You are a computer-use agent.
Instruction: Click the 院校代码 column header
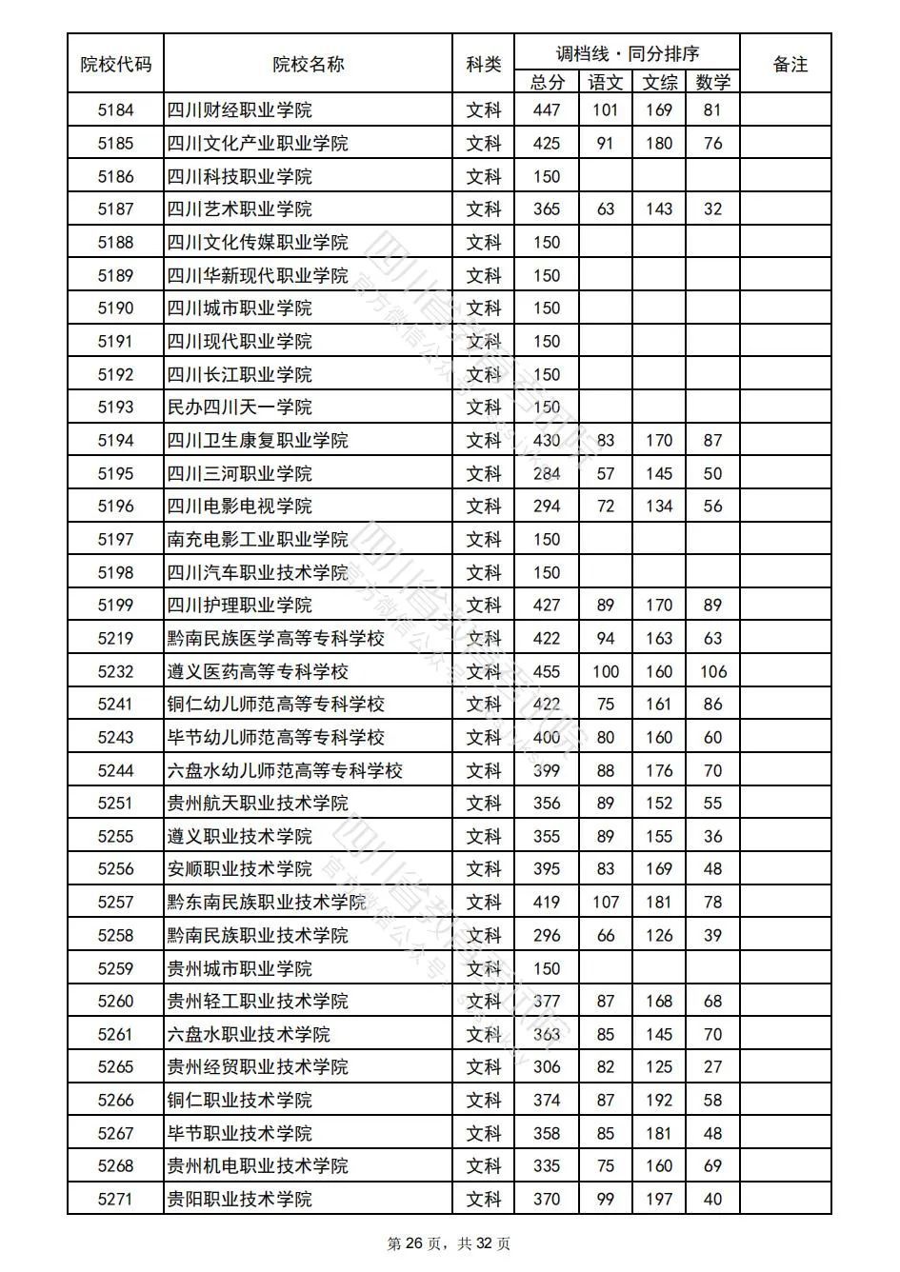pyautogui.click(x=115, y=65)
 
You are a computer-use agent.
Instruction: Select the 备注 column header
pyautogui.click(x=790, y=65)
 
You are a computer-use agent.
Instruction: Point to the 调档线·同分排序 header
pyautogui.click(x=627, y=53)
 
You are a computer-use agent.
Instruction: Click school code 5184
pyautogui.click(x=115, y=110)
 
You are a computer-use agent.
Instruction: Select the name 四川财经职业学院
pyautogui.click(x=239, y=110)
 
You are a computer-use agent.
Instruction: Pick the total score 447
pyautogui.click(x=547, y=110)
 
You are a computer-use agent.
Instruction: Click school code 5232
pyautogui.click(x=115, y=672)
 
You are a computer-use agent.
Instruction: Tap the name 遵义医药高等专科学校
pyautogui.click(x=257, y=672)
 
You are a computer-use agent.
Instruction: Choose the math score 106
pyautogui.click(x=712, y=672)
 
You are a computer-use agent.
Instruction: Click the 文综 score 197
pyautogui.click(x=659, y=1200)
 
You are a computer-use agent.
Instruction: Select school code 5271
pyautogui.click(x=115, y=1200)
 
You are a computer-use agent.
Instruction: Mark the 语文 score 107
pyautogui.click(x=606, y=903)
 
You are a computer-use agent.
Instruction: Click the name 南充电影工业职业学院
pyautogui.click(x=257, y=540)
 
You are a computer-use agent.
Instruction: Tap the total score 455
pyautogui.click(x=547, y=672)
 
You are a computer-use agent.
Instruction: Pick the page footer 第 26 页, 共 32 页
pyautogui.click(x=449, y=1244)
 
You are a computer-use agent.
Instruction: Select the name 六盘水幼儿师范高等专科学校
pyautogui.click(x=285, y=771)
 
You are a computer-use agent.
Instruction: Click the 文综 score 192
pyautogui.click(x=659, y=1101)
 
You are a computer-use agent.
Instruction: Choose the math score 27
pyautogui.click(x=712, y=1067)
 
